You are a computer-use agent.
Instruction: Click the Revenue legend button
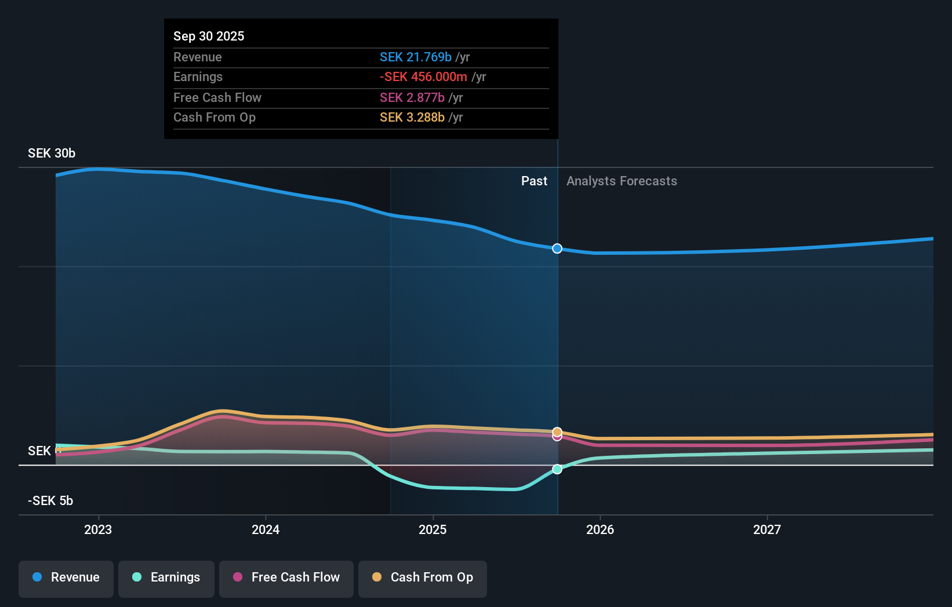[66, 577]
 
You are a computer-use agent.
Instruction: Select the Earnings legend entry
[166, 577]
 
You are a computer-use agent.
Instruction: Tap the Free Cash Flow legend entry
[286, 577]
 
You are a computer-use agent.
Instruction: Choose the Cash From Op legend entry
[423, 577]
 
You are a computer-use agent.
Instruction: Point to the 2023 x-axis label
[98, 529]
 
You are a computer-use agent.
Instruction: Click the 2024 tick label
[266, 529]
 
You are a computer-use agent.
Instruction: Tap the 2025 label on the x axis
[433, 529]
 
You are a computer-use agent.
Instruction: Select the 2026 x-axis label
[600, 529]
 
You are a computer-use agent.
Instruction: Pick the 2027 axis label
[767, 529]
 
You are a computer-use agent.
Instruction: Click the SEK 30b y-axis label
[52, 153]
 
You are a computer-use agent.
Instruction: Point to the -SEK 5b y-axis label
[50, 501]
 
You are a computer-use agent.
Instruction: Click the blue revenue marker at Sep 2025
[557, 248]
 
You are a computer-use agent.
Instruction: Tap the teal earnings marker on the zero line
[557, 469]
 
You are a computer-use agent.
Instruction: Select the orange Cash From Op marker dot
[557, 432]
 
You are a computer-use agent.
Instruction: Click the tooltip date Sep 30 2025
[209, 36]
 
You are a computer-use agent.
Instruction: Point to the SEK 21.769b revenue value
[415, 57]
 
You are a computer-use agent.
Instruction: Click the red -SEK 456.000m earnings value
[423, 76]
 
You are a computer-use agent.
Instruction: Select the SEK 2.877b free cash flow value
[412, 97]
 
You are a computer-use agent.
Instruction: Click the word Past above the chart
[534, 181]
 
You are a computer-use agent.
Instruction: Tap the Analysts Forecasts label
[622, 181]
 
